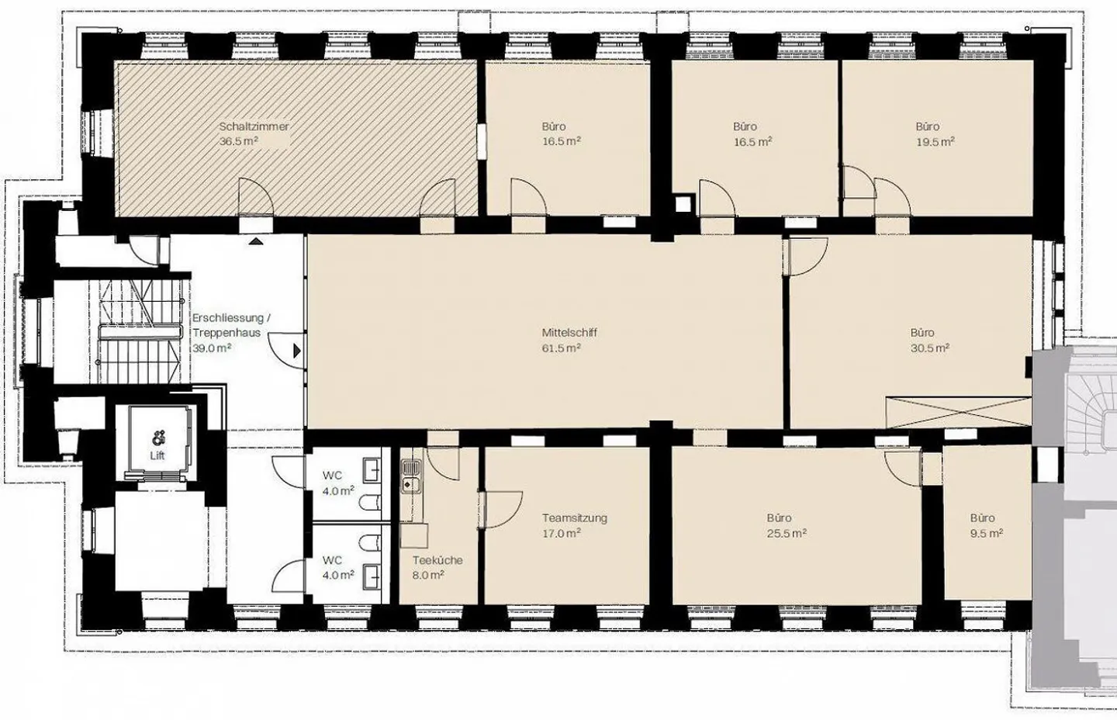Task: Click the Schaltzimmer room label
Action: (x=254, y=126)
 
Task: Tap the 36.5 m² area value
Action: (x=238, y=141)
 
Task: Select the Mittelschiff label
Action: (x=569, y=333)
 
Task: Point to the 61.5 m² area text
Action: (x=561, y=348)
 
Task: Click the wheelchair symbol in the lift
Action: (x=157, y=439)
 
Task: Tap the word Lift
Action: (x=157, y=455)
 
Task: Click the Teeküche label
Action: (x=437, y=560)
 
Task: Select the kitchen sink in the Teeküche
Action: (x=411, y=476)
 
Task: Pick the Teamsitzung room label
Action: (x=575, y=518)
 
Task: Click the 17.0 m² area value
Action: (x=562, y=534)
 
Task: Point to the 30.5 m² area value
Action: (x=930, y=348)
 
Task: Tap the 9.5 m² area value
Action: (x=987, y=534)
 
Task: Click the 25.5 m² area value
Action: (x=787, y=534)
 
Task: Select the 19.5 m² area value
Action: (x=935, y=142)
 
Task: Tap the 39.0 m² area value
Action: (x=212, y=348)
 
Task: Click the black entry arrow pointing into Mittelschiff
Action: (x=297, y=351)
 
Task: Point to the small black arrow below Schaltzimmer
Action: (x=255, y=241)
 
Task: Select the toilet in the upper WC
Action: (x=370, y=503)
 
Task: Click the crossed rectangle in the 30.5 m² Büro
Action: (x=959, y=412)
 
